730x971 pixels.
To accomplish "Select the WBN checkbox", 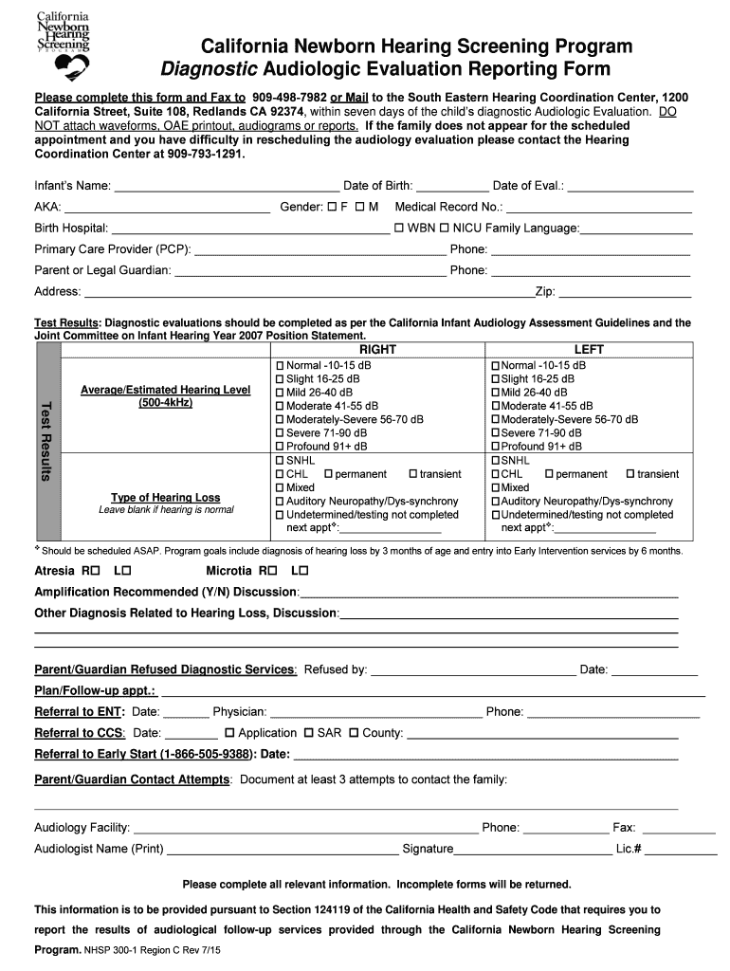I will pos(399,228).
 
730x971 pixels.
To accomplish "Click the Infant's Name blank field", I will pos(227,186).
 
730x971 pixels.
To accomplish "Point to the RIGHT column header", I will pos(377,350).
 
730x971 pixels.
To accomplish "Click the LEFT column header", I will pos(588,350).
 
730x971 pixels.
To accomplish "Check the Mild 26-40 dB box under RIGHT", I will pos(280,393).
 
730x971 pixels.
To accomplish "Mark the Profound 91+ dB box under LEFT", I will pos(495,447).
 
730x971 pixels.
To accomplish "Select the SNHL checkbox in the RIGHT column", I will pos(280,461).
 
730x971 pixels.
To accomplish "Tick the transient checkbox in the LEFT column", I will pos(630,474).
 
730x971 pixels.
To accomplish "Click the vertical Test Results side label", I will pos(46,440).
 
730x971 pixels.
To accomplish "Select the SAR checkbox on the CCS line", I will pos(308,733).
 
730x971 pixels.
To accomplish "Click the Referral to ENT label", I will pos(80,712).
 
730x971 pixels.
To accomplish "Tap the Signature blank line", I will pos(533,849).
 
